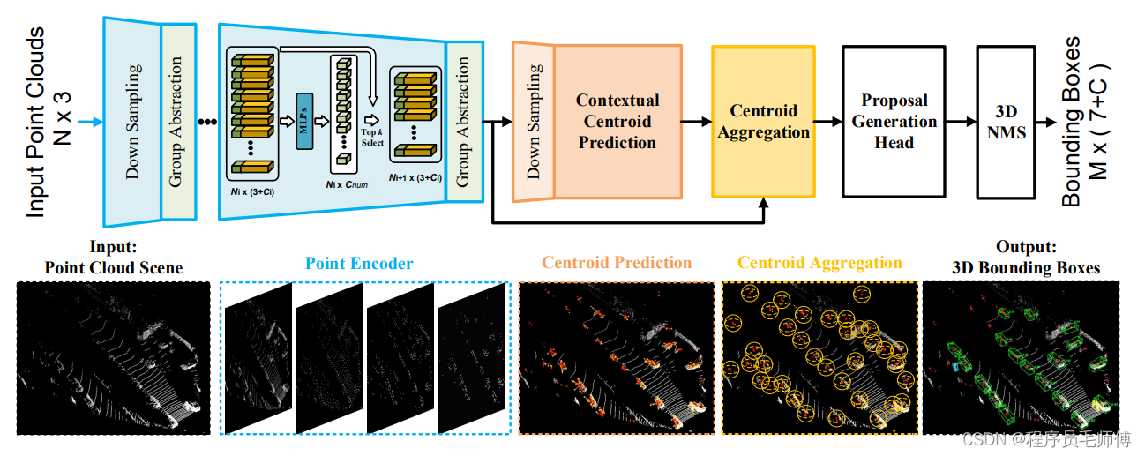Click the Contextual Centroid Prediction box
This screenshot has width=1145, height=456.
coord(617,121)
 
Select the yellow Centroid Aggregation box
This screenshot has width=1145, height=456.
coord(763,121)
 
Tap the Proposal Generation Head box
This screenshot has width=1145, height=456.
coord(894,121)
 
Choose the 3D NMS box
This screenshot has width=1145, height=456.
coord(1005,121)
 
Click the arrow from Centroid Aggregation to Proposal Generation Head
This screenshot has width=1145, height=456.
coord(827,121)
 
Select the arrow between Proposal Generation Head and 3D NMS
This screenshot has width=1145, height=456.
coord(960,121)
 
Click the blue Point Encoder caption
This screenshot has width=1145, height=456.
coord(359,263)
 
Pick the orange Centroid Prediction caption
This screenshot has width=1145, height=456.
coord(617,262)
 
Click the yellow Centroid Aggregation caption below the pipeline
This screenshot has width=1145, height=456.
coord(819,262)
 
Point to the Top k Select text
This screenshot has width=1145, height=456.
coord(372,137)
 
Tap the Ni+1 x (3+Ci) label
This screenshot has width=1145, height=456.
coord(415,177)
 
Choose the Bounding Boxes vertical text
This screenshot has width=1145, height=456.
coord(1081,121)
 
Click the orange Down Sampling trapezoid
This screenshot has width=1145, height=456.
coord(533,121)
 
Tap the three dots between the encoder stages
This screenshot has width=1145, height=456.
coord(208,122)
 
